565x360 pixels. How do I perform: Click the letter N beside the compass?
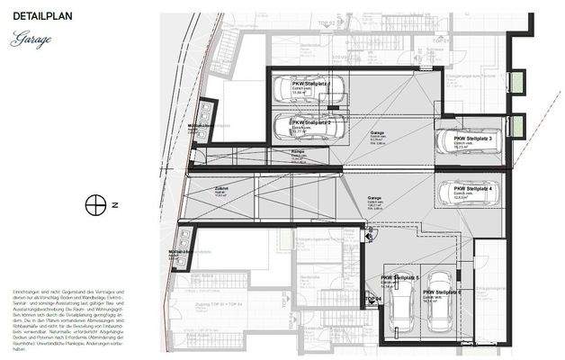pos(115,205)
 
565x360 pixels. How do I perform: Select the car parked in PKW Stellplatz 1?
pos(302,90)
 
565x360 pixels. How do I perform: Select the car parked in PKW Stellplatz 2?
pos(302,127)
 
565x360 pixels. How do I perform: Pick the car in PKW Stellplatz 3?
pos(465,141)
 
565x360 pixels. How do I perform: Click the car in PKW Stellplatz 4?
pos(465,192)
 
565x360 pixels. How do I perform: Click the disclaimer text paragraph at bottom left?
pos(59,310)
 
